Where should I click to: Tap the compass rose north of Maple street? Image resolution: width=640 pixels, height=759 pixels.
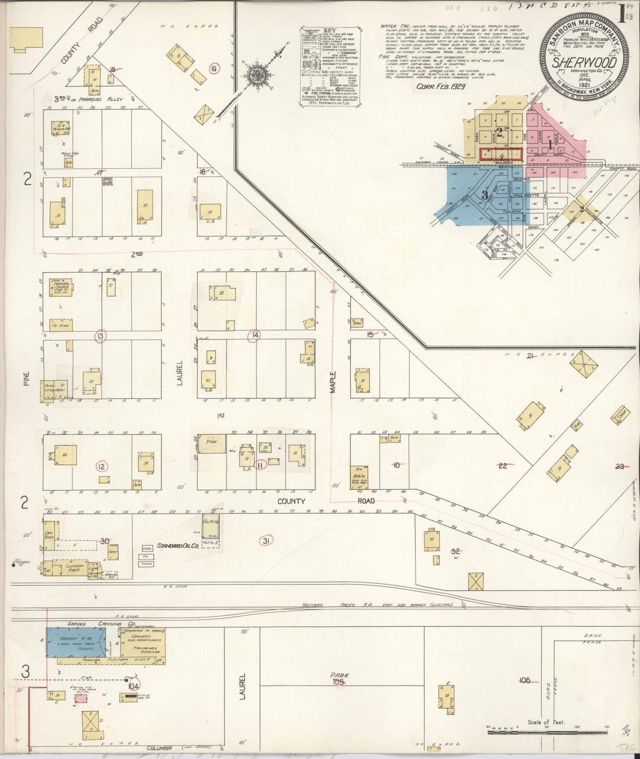click(x=256, y=73)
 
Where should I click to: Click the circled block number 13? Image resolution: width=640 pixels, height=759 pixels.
click(x=101, y=337)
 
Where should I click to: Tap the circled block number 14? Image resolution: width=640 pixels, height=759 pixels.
click(x=254, y=335)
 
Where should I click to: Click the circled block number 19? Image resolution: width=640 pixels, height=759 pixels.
click(x=215, y=69)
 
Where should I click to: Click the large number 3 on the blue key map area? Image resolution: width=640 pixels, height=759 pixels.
click(x=485, y=194)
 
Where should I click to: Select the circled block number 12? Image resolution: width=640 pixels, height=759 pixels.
click(x=101, y=466)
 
